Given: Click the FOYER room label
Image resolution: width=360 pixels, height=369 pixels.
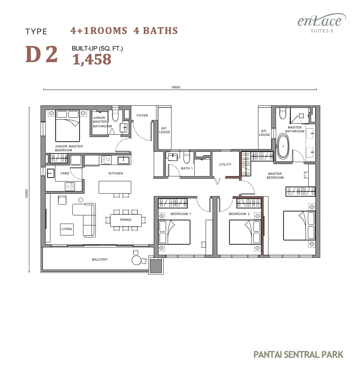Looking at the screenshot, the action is [142, 115].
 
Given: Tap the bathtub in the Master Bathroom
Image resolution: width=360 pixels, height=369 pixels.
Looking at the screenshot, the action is [283, 146].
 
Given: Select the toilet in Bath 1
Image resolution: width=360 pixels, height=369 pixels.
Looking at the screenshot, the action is [187, 157].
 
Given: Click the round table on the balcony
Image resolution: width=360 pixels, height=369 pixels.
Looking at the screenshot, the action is [136, 260].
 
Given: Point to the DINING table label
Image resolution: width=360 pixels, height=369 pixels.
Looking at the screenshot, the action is [126, 220].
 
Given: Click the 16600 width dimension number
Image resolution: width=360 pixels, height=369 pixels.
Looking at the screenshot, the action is [176, 87].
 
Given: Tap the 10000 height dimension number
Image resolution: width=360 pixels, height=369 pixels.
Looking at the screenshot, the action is [27, 194].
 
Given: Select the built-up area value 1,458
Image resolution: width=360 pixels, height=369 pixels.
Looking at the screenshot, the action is [92, 59].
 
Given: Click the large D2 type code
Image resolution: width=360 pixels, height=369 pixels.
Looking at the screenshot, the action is [41, 54].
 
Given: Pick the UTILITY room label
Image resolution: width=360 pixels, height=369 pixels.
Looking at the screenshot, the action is [225, 164].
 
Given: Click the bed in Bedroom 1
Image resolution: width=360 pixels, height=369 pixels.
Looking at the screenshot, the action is [175, 232].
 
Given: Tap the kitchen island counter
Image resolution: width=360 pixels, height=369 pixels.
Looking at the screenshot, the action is [115, 187].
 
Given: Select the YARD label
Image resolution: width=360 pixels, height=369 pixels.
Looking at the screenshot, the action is [65, 173].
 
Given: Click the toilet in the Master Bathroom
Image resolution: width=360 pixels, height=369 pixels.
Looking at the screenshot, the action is [282, 113].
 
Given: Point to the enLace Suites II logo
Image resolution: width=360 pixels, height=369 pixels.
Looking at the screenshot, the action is [322, 23].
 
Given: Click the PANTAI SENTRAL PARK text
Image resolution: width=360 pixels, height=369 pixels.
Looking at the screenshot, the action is [298, 354].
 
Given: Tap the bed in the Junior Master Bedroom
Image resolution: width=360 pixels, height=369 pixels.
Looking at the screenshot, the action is [68, 126].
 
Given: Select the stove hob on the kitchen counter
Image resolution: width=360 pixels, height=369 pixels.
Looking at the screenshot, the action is [106, 159].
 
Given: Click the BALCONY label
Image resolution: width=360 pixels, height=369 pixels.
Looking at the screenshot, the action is [100, 259].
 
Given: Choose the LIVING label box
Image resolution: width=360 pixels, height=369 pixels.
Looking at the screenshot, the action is [67, 229].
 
